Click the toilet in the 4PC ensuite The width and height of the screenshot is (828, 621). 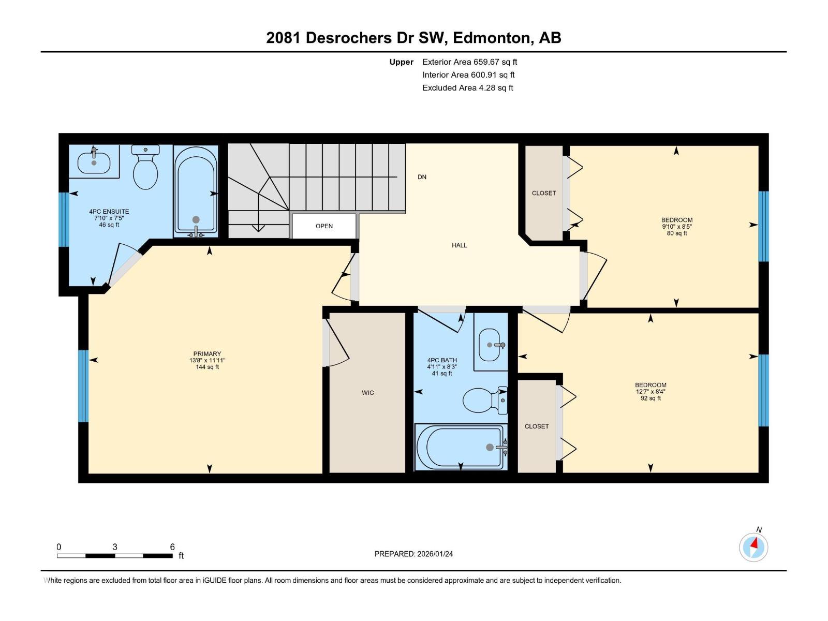coord(145,167)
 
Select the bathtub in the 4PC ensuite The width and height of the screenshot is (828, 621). coord(196,191)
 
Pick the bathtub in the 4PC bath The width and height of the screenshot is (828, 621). coord(461,447)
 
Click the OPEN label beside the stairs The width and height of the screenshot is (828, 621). coord(324,226)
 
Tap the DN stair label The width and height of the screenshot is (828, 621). coord(422,177)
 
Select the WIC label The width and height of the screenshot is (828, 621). coord(368,393)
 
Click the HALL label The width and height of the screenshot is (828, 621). coord(459,245)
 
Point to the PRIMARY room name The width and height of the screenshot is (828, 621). coord(206,353)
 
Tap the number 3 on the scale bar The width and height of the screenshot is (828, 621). coord(115,546)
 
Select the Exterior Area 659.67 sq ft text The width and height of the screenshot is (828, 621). coord(470,62)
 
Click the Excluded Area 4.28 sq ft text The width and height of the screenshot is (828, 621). coord(468,88)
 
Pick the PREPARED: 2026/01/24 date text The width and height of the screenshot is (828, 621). coord(413,554)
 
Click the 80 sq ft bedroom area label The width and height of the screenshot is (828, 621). coord(677,233)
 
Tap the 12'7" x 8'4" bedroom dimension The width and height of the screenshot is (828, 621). coord(650,392)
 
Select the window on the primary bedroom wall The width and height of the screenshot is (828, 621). coord(83,386)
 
